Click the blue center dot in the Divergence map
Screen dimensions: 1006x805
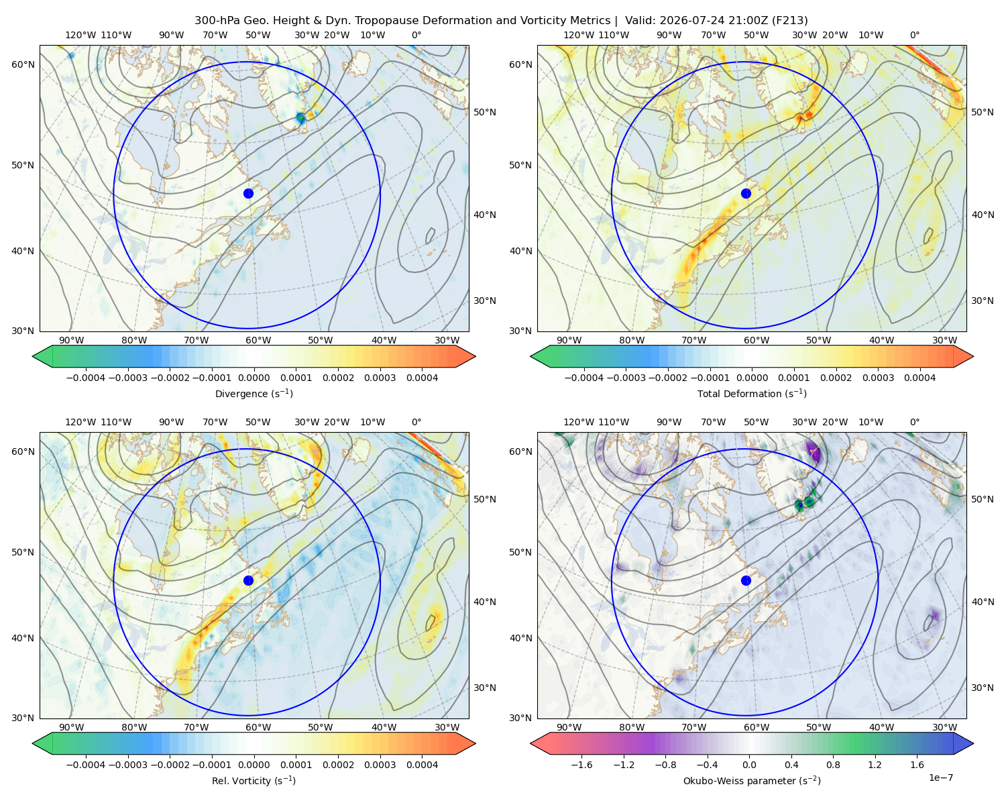point(248,193)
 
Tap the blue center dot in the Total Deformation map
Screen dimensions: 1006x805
point(746,193)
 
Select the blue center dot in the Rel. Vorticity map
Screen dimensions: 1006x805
point(248,580)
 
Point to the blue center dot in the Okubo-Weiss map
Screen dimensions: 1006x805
point(746,580)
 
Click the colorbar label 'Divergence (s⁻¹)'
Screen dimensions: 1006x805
point(254,393)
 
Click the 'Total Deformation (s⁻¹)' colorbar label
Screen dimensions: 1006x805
point(752,393)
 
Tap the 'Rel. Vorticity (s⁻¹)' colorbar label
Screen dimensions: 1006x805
point(254,780)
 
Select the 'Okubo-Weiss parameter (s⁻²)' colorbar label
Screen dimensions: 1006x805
point(752,780)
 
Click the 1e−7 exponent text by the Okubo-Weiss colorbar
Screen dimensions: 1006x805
point(940,777)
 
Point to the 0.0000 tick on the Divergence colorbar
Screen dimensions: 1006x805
point(254,378)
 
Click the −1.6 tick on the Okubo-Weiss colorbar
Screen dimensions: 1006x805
point(581,765)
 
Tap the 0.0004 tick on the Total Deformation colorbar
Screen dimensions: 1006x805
point(919,378)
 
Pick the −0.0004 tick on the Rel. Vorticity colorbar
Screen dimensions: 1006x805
point(86,765)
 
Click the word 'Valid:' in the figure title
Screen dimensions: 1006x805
point(638,21)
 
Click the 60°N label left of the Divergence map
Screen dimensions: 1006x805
point(23,64)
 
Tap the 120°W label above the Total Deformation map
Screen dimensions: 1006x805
point(579,35)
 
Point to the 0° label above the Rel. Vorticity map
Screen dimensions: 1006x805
point(416,422)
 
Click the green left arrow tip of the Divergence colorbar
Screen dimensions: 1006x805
point(33,356)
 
